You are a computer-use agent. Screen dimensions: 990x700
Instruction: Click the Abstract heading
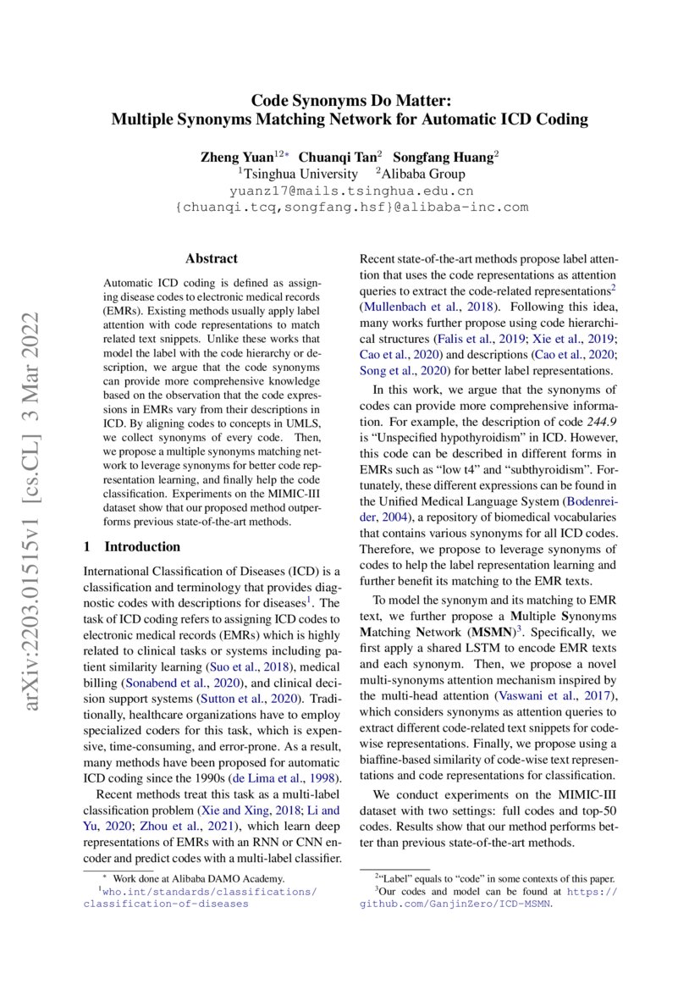212,259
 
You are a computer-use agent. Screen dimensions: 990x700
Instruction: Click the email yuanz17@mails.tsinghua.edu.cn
350,191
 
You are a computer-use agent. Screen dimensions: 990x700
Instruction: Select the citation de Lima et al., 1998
289,777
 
